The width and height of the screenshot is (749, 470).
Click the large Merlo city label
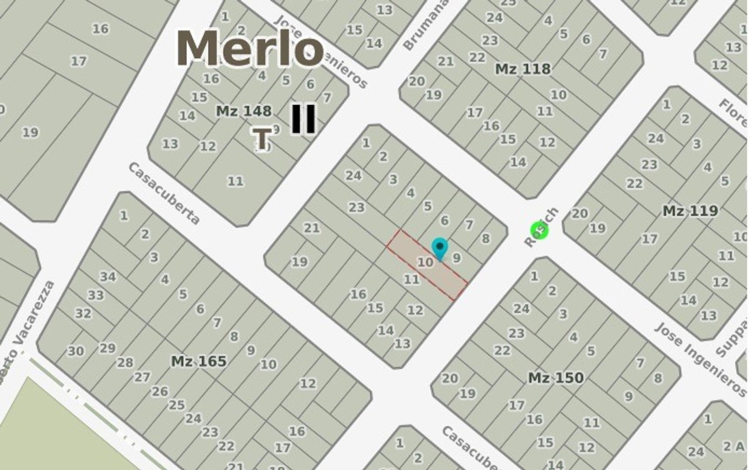click(x=250, y=49)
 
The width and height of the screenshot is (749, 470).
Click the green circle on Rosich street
click(x=539, y=230)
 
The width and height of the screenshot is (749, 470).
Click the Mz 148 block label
click(x=244, y=111)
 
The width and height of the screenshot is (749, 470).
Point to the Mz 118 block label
click(x=523, y=69)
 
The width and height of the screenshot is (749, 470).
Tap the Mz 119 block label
click(x=690, y=211)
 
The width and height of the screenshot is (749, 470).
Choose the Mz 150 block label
click(x=556, y=378)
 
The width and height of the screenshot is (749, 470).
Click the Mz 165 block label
click(x=199, y=361)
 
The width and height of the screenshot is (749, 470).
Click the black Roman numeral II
click(x=304, y=118)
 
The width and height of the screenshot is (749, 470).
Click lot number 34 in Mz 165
click(x=108, y=277)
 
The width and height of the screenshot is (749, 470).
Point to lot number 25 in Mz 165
click(x=177, y=405)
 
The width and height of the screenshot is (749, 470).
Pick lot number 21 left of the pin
click(x=311, y=228)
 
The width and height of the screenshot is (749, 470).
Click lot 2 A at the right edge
click(x=733, y=446)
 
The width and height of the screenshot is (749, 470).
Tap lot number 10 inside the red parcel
click(x=425, y=262)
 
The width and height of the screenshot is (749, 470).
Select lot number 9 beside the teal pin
click(x=456, y=258)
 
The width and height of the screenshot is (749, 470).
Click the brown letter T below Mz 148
click(x=262, y=138)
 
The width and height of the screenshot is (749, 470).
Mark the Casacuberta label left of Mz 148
click(x=164, y=194)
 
